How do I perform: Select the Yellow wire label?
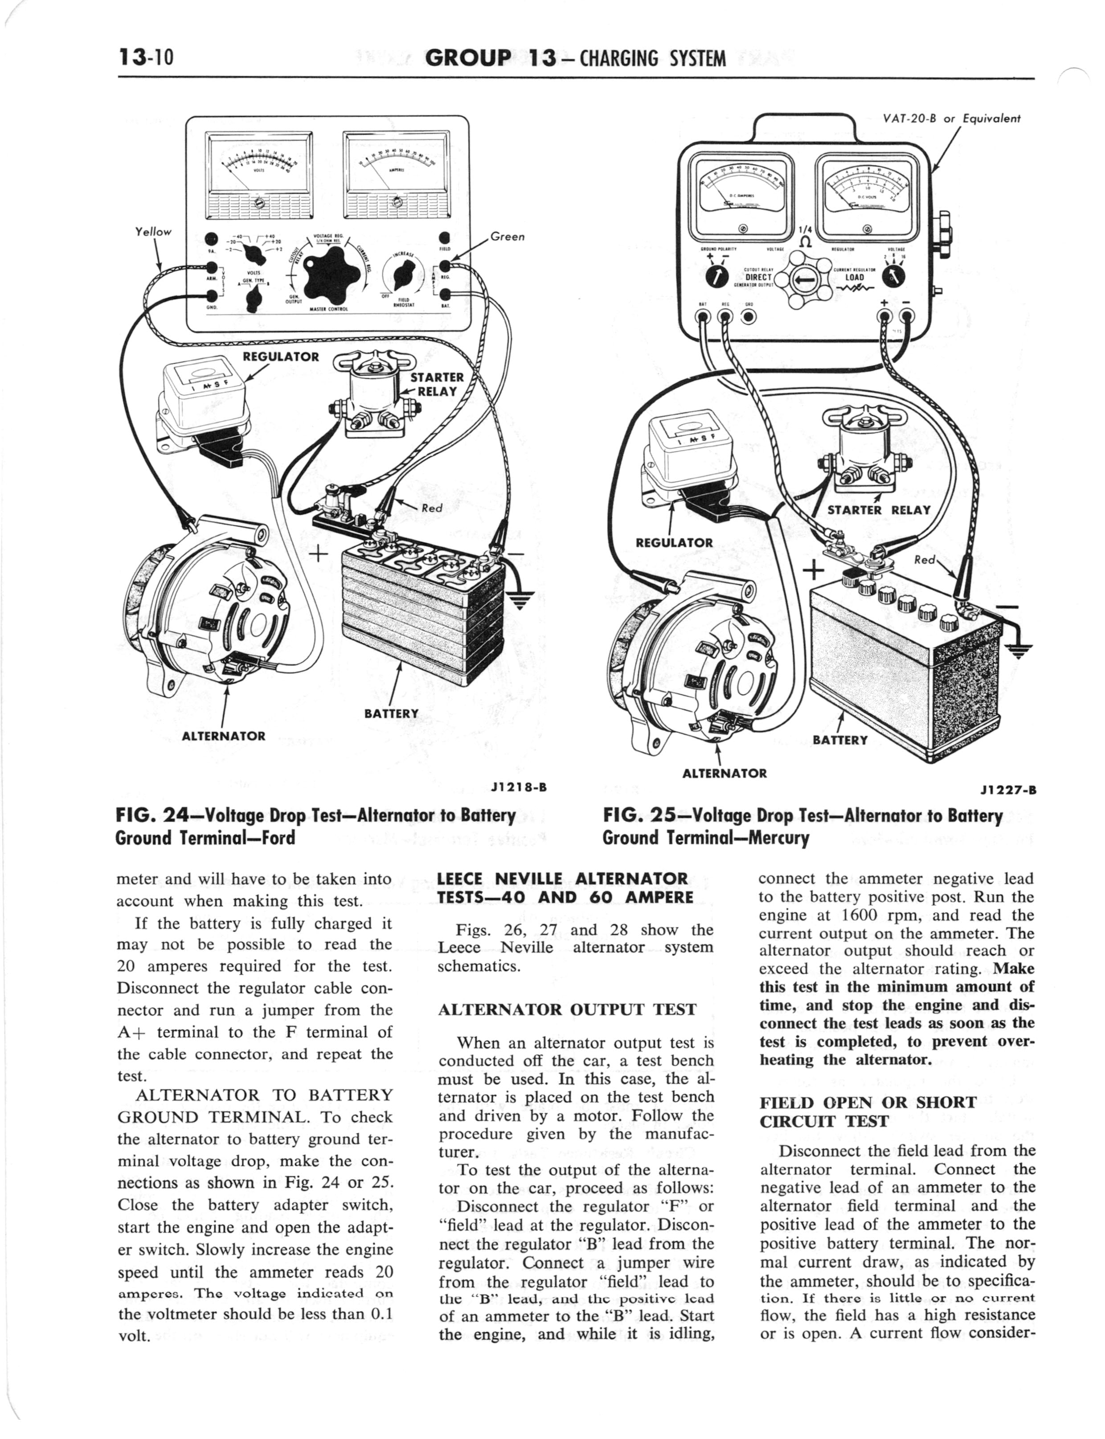152,231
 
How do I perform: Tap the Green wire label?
507,236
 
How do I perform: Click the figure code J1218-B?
519,787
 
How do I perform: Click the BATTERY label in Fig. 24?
391,713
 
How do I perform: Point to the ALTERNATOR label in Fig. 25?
724,774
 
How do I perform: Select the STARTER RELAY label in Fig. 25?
879,510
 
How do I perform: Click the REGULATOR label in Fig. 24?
281,357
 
